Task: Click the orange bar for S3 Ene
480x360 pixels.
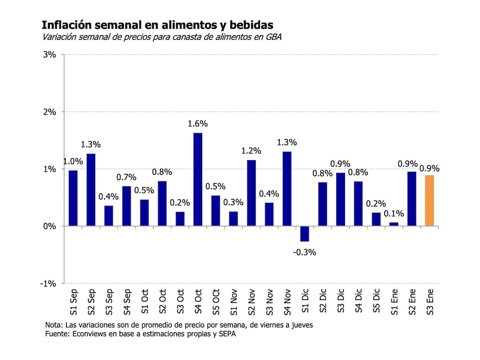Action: pyautogui.click(x=429, y=201)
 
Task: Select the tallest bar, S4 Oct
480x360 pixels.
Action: pyautogui.click(x=198, y=179)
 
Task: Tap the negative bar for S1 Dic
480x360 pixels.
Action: pyautogui.click(x=305, y=234)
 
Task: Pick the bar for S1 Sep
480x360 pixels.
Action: pyautogui.click(x=73, y=198)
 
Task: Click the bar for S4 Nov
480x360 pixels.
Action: pyautogui.click(x=287, y=189)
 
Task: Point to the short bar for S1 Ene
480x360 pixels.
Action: pyautogui.click(x=394, y=224)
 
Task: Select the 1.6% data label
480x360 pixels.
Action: pyautogui.click(x=198, y=124)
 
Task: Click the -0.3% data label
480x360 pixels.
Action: pyautogui.click(x=305, y=252)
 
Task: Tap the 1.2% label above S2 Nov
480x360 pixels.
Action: pyautogui.click(x=252, y=151)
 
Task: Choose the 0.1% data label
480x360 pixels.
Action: pyautogui.click(x=393, y=213)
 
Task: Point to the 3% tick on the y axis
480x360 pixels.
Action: pyautogui.click(x=50, y=55)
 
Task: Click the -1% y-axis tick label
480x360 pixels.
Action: pyautogui.click(x=48, y=284)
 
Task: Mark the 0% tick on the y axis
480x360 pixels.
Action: pyautogui.click(x=50, y=226)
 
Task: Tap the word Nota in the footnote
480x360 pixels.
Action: pyautogui.click(x=54, y=325)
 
